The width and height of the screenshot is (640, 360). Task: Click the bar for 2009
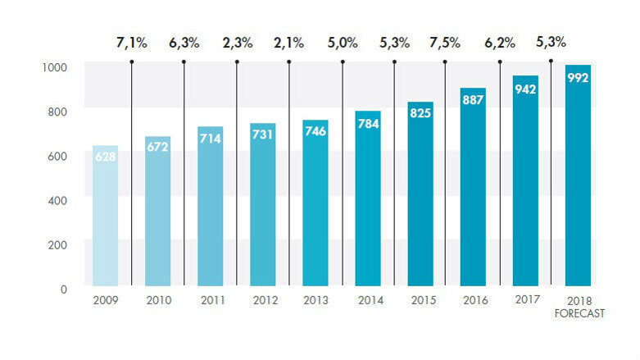[105, 217]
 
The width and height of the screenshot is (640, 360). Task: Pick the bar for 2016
[473, 189]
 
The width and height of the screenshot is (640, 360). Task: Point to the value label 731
[262, 134]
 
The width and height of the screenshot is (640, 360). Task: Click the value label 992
[578, 77]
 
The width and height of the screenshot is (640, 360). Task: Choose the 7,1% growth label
[131, 43]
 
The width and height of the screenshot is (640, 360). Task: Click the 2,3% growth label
[236, 43]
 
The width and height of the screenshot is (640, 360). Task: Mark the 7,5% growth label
[445, 43]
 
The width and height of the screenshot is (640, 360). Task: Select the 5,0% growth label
[342, 43]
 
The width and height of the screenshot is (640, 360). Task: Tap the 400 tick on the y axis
[57, 199]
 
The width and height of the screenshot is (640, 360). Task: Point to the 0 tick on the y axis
[63, 289]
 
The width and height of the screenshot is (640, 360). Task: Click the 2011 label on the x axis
[211, 301]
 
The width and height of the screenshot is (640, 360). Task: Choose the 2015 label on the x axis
[422, 301]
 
